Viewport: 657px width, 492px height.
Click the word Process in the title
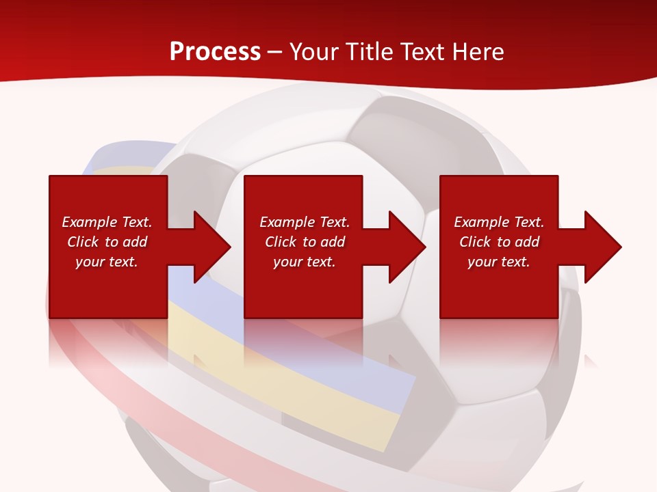(x=215, y=52)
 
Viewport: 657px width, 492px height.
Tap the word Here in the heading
(x=477, y=52)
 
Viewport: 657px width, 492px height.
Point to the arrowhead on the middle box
(x=406, y=247)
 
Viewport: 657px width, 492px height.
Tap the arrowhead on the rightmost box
(x=602, y=247)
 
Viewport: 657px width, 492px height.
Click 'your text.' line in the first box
(x=107, y=262)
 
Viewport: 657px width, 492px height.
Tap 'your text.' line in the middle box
(x=305, y=262)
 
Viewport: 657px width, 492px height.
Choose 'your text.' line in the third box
(x=499, y=262)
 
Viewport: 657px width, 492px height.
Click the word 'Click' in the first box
(x=83, y=242)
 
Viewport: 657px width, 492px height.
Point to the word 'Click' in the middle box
(x=281, y=242)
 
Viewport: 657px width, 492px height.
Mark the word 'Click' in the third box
(x=476, y=242)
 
